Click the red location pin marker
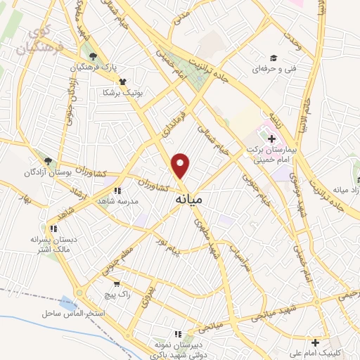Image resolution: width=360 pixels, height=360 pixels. (x=181, y=165)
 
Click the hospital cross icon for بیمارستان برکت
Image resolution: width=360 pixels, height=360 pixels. (x=272, y=139)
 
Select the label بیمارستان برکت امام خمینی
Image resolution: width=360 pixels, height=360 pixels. (x=276, y=155)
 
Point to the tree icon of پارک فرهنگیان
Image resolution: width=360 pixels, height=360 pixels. (x=91, y=56)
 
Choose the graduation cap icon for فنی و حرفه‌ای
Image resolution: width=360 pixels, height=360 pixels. (x=273, y=59)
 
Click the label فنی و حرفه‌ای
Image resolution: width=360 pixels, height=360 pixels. (x=271, y=71)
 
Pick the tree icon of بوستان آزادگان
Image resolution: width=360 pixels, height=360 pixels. (x=48, y=161)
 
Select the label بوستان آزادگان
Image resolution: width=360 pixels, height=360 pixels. (x=46, y=172)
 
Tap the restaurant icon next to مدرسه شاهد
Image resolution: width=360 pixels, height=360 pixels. (x=117, y=190)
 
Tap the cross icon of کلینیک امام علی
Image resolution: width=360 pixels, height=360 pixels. (x=316, y=342)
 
